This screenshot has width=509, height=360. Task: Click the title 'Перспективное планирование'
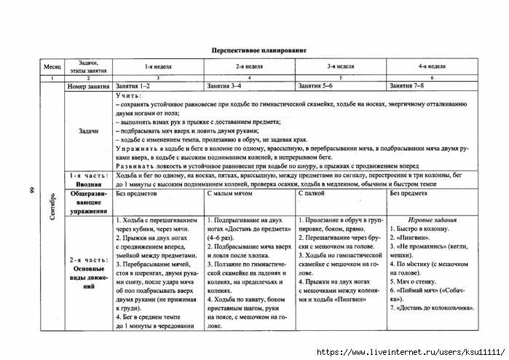[254, 50]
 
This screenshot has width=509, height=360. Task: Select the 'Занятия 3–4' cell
[224, 86]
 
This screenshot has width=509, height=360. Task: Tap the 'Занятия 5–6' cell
[315, 86]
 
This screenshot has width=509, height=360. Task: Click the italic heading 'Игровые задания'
[433, 219]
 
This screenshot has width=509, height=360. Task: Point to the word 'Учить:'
[129, 95]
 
